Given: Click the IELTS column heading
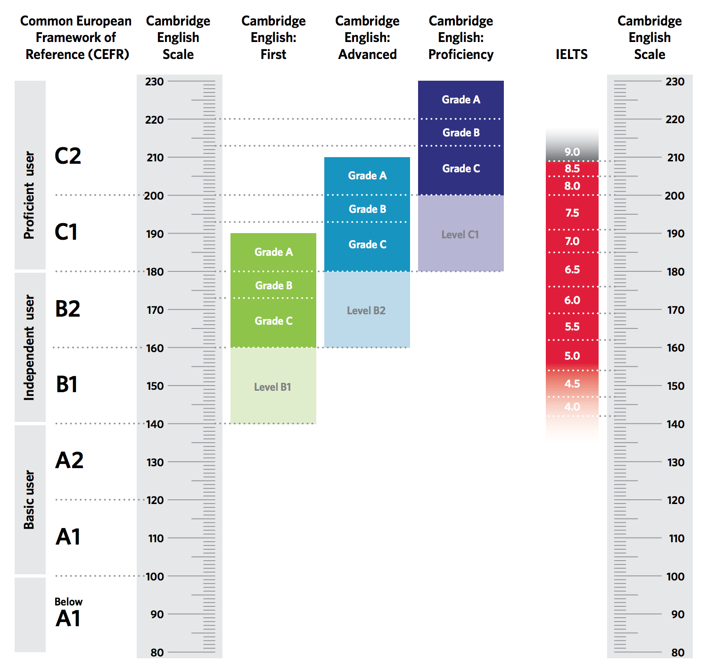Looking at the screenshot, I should pyautogui.click(x=571, y=54).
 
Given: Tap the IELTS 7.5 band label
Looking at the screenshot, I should pyautogui.click(x=572, y=213).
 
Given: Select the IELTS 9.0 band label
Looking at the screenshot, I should pyautogui.click(x=572, y=152).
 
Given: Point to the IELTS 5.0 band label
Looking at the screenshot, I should pyautogui.click(x=572, y=356).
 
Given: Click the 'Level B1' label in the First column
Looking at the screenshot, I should pyautogui.click(x=272, y=387).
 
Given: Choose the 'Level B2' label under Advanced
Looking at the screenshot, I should pyautogui.click(x=366, y=311).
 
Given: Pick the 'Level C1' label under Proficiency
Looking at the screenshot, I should pyautogui.click(x=460, y=235).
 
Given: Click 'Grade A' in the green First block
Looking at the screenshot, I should pyautogui.click(x=273, y=252).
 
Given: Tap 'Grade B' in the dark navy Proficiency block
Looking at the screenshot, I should pyautogui.click(x=461, y=133).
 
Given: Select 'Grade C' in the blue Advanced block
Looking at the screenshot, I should pyautogui.click(x=367, y=244).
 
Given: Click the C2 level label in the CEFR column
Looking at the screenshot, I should pyautogui.click(x=68, y=156).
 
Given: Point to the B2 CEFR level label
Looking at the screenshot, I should pyautogui.click(x=68, y=309).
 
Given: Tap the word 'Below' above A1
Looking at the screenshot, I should pyautogui.click(x=68, y=602).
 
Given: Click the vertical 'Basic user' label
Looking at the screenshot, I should pyautogui.click(x=29, y=499).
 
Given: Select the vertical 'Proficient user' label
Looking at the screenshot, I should pyautogui.click(x=29, y=195).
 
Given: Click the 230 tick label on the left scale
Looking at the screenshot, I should pyautogui.click(x=155, y=82).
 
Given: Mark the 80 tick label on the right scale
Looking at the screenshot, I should pyautogui.click(x=678, y=652).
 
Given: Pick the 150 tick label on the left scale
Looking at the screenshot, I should pyautogui.click(x=155, y=386).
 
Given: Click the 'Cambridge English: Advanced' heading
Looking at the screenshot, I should pyautogui.click(x=367, y=38).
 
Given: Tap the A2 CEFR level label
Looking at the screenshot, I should pyautogui.click(x=69, y=460).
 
